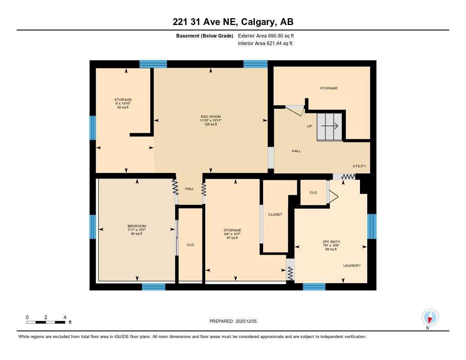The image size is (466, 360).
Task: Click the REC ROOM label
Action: click(x=211, y=117)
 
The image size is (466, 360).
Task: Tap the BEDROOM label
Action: click(x=137, y=226)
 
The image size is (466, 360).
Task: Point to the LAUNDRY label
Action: click(x=352, y=266)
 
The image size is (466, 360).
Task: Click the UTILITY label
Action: click(x=359, y=166)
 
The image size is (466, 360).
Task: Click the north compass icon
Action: click(x=430, y=317)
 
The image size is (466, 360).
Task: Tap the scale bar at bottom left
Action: click(x=46, y=322)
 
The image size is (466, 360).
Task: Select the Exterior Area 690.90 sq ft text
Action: click(x=269, y=35)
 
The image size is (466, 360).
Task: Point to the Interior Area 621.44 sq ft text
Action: click(x=265, y=44)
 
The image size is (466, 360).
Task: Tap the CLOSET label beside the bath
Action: click(x=275, y=214)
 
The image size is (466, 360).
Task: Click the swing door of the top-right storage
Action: click(x=294, y=111)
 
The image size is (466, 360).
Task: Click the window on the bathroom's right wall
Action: click(x=372, y=226)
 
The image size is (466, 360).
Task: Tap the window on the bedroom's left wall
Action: click(x=93, y=227)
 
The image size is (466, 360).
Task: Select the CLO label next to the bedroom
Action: click(x=190, y=245)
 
